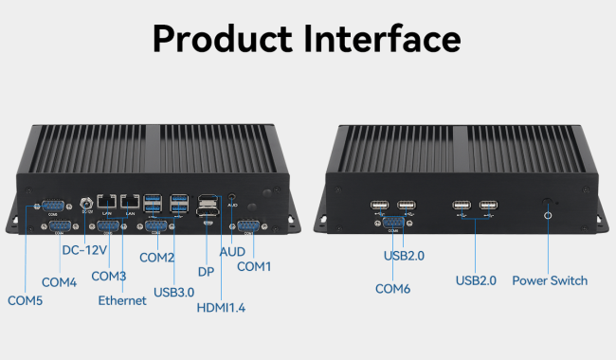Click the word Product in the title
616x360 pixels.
(223, 39)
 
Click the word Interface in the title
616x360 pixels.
(382, 38)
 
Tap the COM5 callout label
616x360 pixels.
(26, 300)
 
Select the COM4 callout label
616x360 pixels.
(60, 282)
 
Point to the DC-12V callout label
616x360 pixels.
(84, 250)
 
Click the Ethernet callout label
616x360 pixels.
(122, 300)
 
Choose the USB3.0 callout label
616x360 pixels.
(174, 293)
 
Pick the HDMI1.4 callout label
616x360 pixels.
(221, 308)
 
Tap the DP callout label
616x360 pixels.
(206, 272)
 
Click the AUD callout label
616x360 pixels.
(232, 252)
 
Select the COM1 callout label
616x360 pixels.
(254, 266)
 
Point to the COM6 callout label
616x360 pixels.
(393, 289)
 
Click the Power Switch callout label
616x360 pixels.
(550, 280)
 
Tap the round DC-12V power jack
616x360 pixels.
(86, 204)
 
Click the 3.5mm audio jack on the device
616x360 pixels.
(232, 196)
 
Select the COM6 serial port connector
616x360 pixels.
(393, 223)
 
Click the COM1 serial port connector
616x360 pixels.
(248, 226)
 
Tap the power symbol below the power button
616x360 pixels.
(548, 216)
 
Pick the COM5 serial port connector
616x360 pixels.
(53, 207)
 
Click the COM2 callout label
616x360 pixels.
(156, 258)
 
